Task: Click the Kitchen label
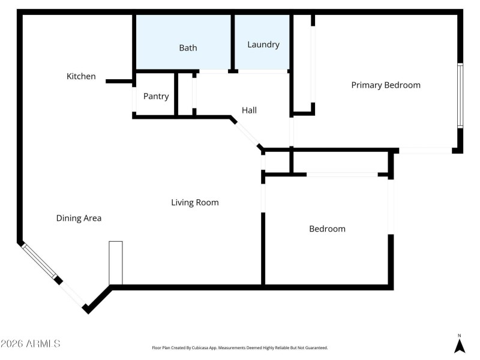coord(81,76)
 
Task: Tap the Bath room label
coord(188,47)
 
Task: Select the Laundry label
coord(263,44)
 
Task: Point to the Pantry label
coord(156,96)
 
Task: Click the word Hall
coord(249,110)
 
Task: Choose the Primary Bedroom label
coord(386,85)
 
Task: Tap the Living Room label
coord(195,202)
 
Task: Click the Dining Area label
coord(79,218)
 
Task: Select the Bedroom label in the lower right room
coord(327,229)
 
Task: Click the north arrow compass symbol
coord(460,346)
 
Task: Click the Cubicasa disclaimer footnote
coord(239,348)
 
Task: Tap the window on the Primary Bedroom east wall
coord(460,96)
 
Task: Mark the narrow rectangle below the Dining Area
coord(116,263)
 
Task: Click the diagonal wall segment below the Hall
coord(245,133)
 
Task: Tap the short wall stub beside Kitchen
coord(119,81)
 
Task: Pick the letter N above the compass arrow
coord(460,335)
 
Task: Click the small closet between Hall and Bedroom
coord(277,162)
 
